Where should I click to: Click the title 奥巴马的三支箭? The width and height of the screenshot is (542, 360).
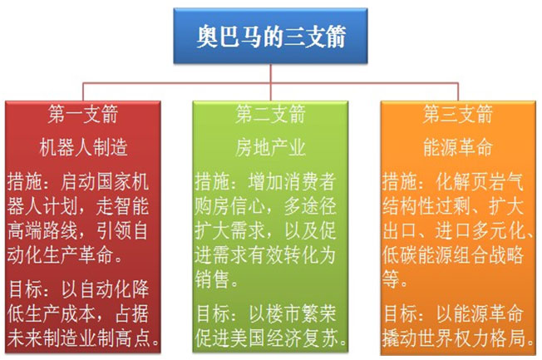click(x=271, y=37)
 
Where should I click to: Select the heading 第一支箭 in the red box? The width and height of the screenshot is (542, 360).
click(x=83, y=114)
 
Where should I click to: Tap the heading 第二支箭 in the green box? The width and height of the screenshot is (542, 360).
click(x=270, y=114)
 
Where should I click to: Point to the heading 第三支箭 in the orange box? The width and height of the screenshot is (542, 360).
click(x=458, y=114)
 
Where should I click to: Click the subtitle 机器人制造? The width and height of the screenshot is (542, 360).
click(x=83, y=147)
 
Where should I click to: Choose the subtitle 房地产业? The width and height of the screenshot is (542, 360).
click(x=270, y=147)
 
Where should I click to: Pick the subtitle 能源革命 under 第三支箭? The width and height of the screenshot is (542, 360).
click(x=458, y=147)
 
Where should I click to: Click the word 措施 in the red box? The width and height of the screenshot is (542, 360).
click(x=25, y=181)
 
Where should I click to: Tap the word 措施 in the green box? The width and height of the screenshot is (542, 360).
click(x=212, y=181)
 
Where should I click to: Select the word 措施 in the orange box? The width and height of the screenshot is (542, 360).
click(x=400, y=181)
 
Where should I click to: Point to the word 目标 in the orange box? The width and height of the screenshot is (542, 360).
click(x=401, y=313)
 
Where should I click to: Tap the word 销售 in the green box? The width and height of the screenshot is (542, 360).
click(x=212, y=279)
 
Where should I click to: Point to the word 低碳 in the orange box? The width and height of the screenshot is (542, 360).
click(x=400, y=255)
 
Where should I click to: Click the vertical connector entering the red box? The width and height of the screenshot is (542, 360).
click(x=83, y=92)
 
